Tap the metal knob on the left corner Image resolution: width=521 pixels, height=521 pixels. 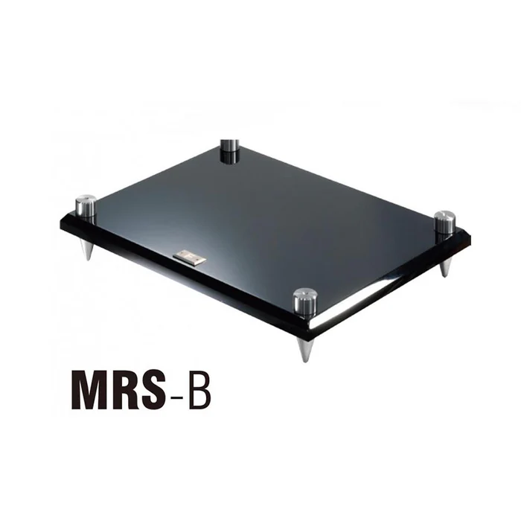[x=86, y=207]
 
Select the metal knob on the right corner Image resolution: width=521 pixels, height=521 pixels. [x=444, y=223]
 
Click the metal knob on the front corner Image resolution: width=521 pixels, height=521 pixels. [x=304, y=302]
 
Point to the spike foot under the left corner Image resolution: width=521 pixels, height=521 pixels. [x=88, y=249]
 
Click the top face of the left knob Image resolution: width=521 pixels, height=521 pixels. [x=86, y=199]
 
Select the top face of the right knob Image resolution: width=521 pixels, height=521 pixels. [x=444, y=215]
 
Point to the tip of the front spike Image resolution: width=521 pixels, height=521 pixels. [x=305, y=361]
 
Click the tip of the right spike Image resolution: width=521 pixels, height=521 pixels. [x=445, y=276]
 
